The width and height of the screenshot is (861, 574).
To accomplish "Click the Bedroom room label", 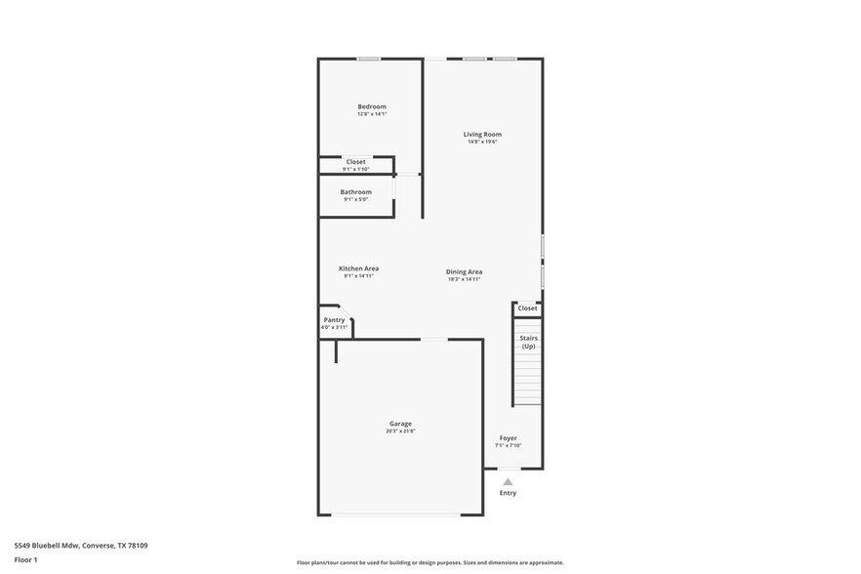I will pyautogui.click(x=371, y=106).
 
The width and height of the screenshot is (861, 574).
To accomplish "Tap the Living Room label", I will pyautogui.click(x=481, y=134).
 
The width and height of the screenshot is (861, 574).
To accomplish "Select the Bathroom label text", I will pyautogui.click(x=355, y=192).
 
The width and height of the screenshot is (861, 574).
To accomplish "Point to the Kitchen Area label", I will pyautogui.click(x=358, y=268).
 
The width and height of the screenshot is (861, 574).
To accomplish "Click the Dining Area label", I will pyautogui.click(x=464, y=271).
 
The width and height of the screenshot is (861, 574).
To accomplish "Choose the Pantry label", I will pyautogui.click(x=334, y=319).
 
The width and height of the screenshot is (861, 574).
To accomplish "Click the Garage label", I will pyautogui.click(x=400, y=424).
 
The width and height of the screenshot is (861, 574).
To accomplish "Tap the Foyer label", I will pyautogui.click(x=508, y=438).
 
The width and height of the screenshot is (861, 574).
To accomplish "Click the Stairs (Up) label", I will pyautogui.click(x=528, y=342).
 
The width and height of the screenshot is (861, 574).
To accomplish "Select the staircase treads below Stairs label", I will pyautogui.click(x=527, y=381).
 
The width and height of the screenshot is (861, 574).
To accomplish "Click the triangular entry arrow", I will pyautogui.click(x=508, y=481).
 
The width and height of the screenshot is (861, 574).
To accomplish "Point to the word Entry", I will pyautogui.click(x=508, y=493).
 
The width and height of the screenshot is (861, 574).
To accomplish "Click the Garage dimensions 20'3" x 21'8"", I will pyautogui.click(x=400, y=431).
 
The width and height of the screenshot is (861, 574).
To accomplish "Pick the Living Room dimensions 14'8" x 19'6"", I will pyautogui.click(x=481, y=143).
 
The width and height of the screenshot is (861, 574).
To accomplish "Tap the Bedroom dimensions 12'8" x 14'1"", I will pyautogui.click(x=371, y=114).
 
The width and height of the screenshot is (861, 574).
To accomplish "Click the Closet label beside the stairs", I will pyautogui.click(x=527, y=308).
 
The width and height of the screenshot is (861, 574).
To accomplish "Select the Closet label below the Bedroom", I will pyautogui.click(x=355, y=161).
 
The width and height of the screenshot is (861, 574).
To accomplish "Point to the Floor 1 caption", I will pyautogui.click(x=25, y=559).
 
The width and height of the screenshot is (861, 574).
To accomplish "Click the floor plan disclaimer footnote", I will pyautogui.click(x=430, y=563).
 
